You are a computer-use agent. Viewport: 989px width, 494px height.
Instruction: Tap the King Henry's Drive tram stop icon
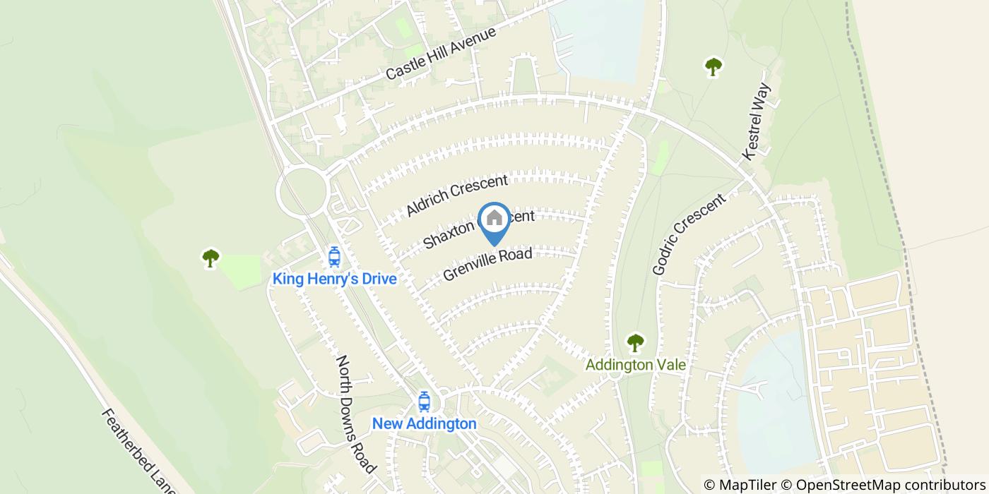point(334,257)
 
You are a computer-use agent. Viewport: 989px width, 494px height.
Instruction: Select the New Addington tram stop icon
point(424,402)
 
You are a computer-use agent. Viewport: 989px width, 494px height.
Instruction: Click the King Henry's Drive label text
point(334,279)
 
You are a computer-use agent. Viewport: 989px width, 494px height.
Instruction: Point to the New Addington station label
point(424,424)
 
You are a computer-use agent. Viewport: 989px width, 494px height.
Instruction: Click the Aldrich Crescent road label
point(457,195)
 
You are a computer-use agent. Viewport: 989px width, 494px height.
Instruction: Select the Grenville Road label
point(487,264)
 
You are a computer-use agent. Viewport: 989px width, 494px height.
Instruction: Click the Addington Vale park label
point(636,366)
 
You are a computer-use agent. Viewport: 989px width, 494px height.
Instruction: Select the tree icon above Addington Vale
point(636,343)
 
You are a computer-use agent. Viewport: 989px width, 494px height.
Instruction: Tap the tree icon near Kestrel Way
point(713,67)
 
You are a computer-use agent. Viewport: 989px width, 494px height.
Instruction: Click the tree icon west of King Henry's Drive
point(211,258)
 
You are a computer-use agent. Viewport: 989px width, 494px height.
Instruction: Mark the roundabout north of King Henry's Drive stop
point(302,191)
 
